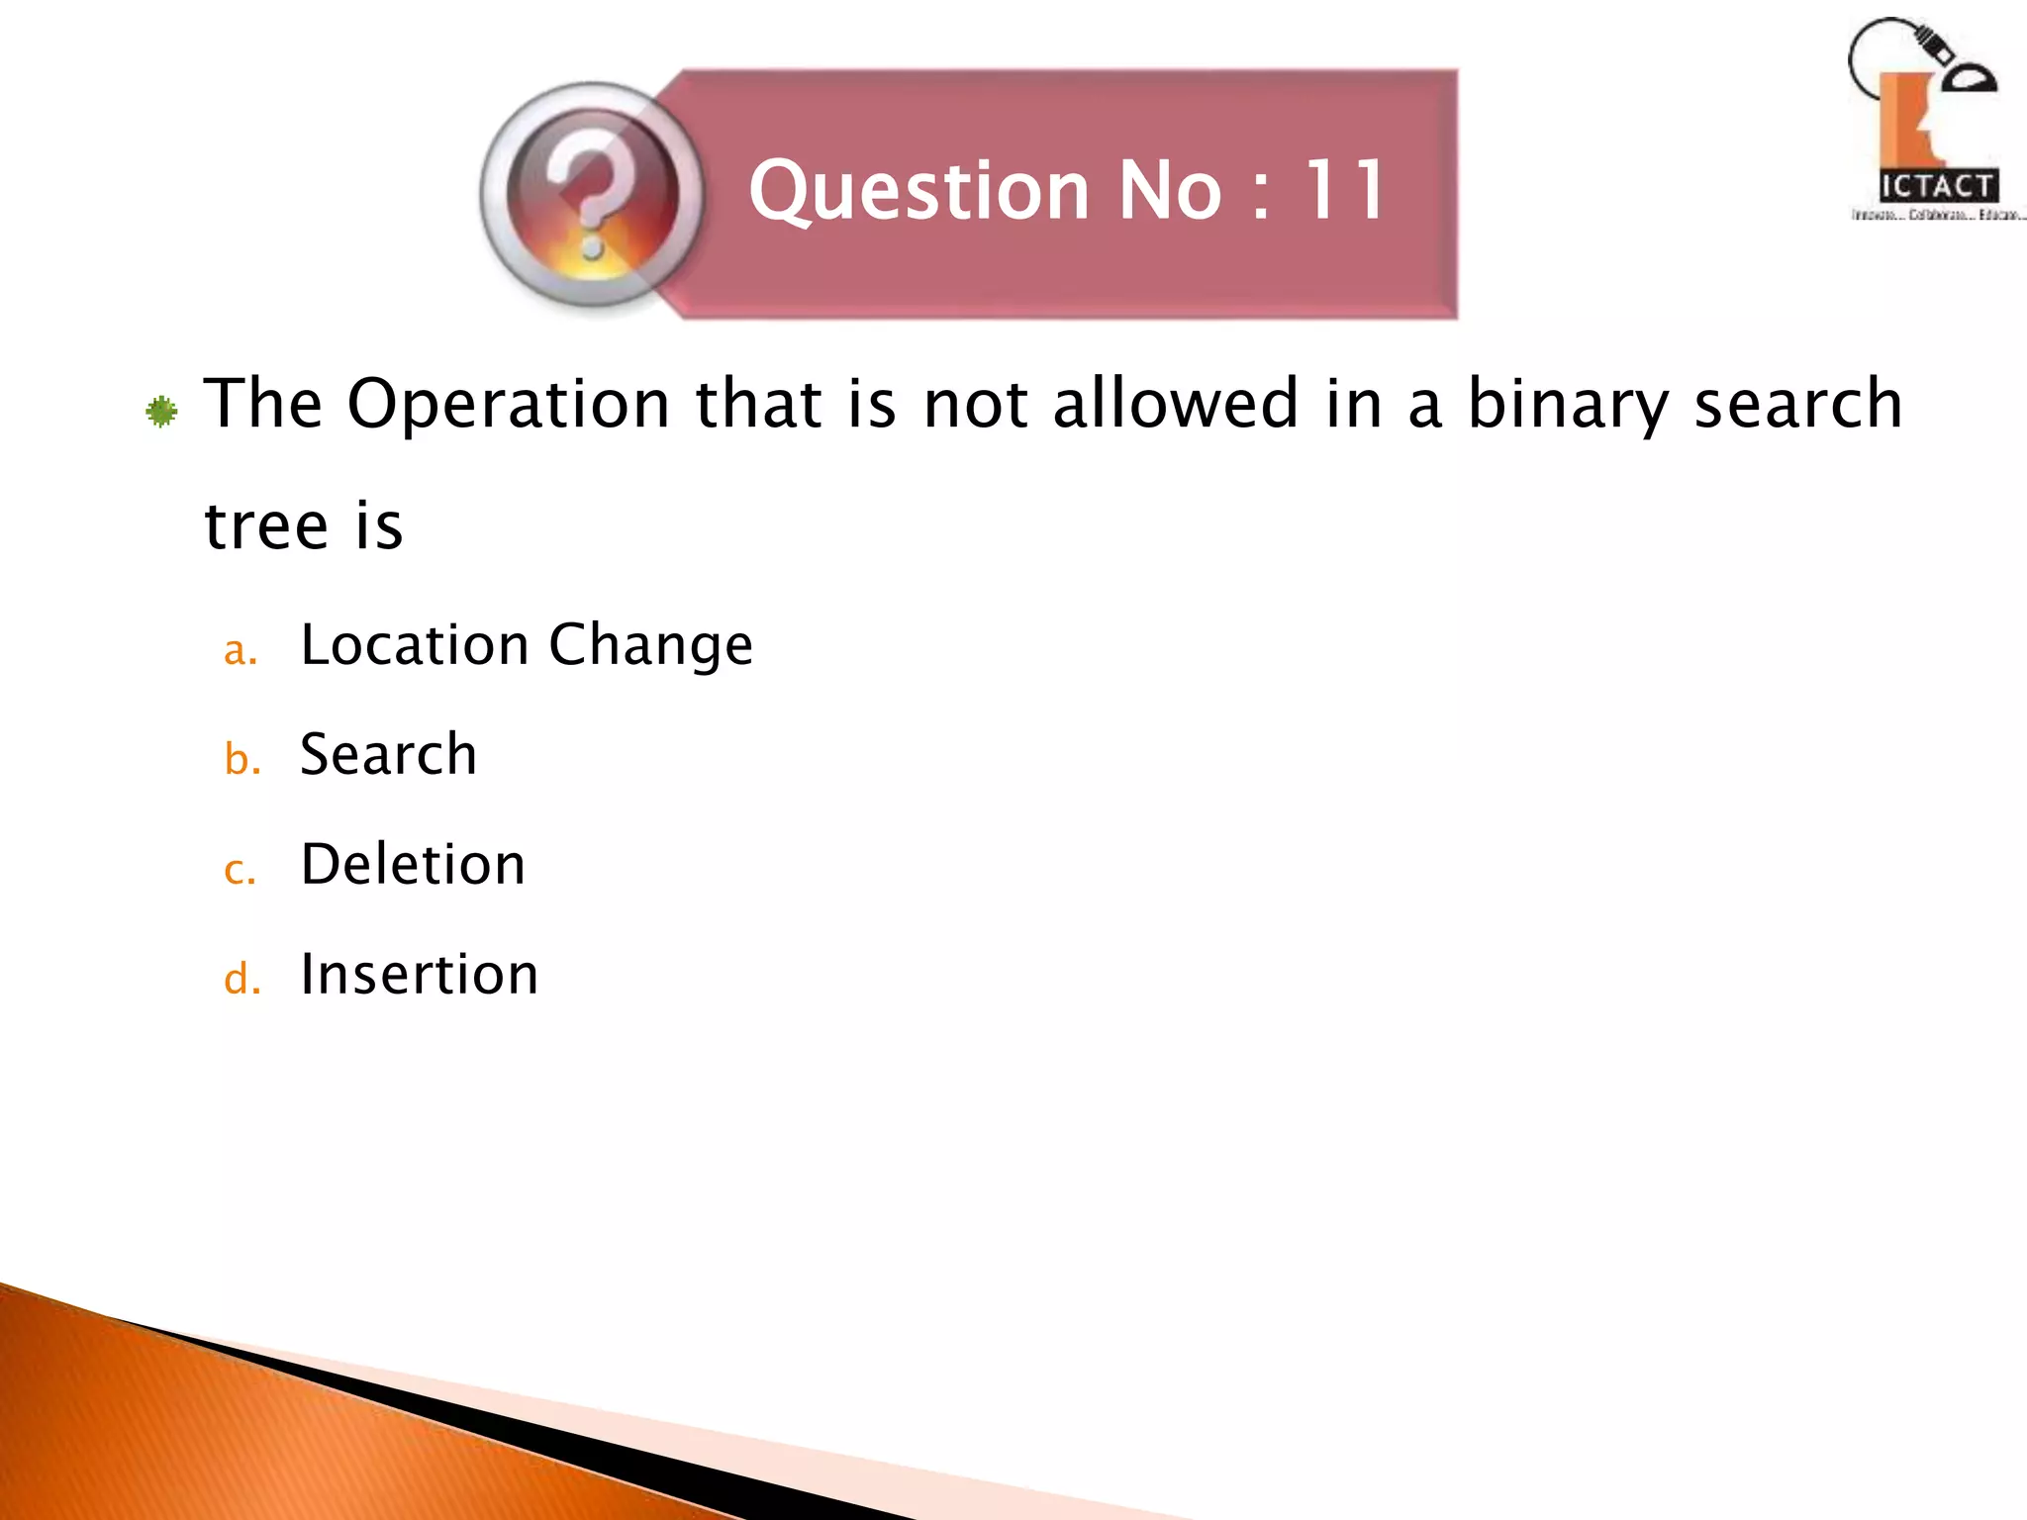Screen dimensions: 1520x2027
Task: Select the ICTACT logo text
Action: point(1938,186)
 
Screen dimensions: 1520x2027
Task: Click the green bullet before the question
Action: point(161,411)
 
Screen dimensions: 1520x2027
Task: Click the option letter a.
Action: point(240,651)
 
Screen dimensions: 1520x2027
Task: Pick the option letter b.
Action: point(241,759)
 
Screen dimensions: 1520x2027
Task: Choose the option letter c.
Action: point(240,871)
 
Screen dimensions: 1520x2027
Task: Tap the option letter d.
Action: point(241,979)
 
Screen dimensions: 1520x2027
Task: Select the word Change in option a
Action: point(650,647)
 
